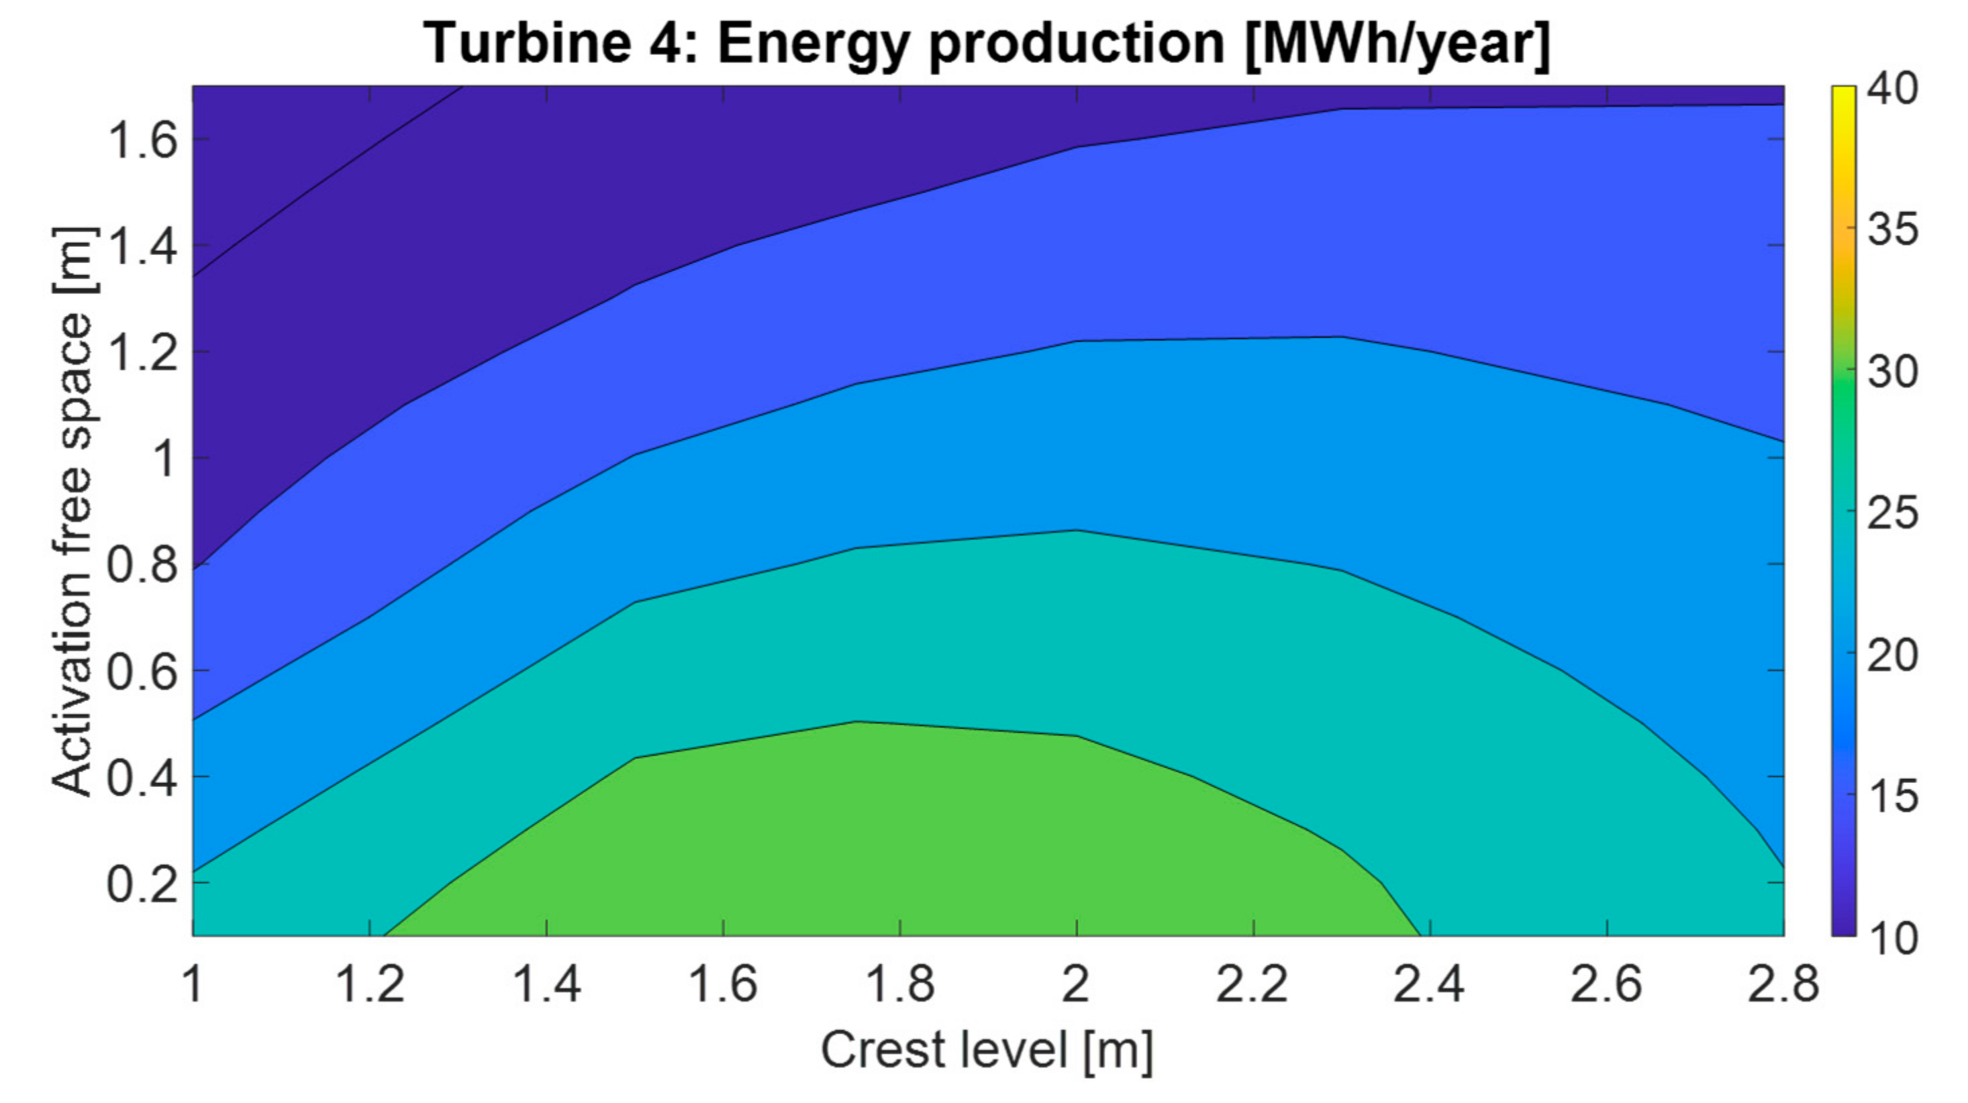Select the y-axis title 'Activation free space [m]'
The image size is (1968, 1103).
click(x=74, y=512)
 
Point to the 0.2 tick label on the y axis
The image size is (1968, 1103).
click(x=142, y=884)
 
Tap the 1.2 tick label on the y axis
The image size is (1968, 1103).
click(x=144, y=353)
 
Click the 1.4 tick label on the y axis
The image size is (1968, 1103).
click(x=144, y=247)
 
